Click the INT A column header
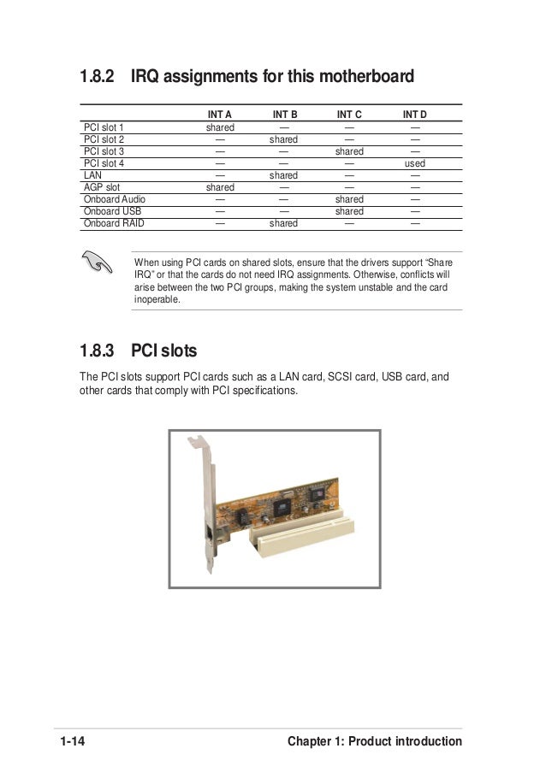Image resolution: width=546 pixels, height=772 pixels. [220, 114]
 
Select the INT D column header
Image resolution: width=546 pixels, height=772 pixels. [415, 114]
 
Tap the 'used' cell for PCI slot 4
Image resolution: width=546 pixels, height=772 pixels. [415, 163]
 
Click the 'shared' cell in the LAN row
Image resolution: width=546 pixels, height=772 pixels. [283, 175]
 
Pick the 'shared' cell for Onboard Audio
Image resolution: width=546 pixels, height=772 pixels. [349, 199]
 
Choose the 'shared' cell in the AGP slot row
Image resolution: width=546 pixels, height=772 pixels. [220, 187]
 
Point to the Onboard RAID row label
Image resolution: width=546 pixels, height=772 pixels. [114, 223]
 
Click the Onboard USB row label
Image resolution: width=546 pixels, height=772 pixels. [112, 211]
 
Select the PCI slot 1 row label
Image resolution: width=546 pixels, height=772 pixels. [104, 127]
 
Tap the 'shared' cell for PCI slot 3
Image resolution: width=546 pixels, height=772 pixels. [349, 151]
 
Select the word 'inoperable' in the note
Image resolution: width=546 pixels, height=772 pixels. [157, 300]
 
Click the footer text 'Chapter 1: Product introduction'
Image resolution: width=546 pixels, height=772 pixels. [375, 741]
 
